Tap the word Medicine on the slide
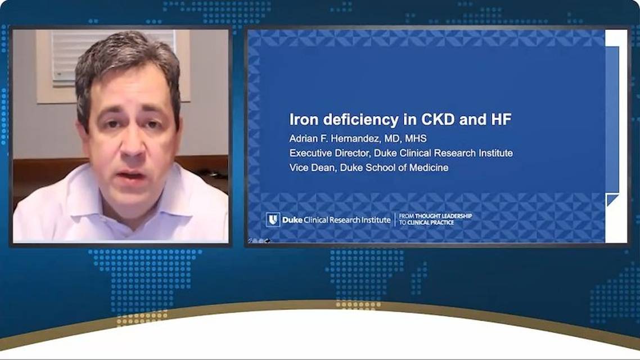pos(428,168)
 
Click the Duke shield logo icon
pos(273,219)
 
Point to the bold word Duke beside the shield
pos(292,220)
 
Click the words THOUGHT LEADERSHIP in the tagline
pos(443,216)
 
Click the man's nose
pos(132,148)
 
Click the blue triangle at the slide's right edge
pos(612,199)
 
